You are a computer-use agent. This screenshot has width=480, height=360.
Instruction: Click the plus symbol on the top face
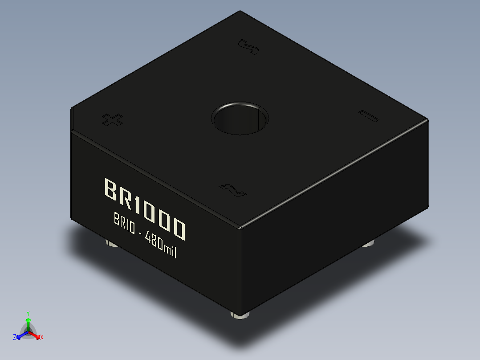point(112,119)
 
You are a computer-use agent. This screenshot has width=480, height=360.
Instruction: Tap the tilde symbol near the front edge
point(233,190)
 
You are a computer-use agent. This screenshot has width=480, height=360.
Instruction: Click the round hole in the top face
point(240,119)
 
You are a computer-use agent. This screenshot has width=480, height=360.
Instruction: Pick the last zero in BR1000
point(178,229)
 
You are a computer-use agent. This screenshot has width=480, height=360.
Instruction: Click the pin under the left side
point(111,243)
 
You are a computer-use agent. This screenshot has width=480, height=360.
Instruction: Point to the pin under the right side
point(368,244)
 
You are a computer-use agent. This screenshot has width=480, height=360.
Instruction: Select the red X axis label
point(42,338)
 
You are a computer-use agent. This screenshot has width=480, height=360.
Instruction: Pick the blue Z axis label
point(15,338)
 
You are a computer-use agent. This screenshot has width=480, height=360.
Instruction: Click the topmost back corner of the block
point(240,11)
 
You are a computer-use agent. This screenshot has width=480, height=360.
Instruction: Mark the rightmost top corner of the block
point(427,119)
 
